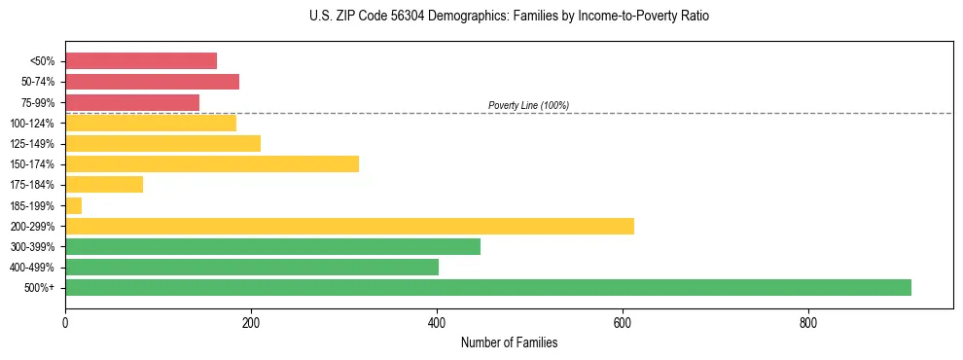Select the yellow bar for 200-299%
click(x=349, y=226)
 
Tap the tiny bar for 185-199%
click(x=73, y=205)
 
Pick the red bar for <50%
click(x=141, y=60)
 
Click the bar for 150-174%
click(x=212, y=163)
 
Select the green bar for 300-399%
click(x=272, y=246)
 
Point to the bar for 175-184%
click(x=104, y=184)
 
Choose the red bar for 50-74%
click(x=152, y=82)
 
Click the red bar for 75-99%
click(x=132, y=102)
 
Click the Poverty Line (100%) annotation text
click(x=528, y=105)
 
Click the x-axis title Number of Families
click(x=509, y=342)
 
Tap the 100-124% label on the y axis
click(x=32, y=123)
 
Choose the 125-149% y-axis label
click(x=32, y=144)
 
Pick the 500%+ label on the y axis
click(x=39, y=288)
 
